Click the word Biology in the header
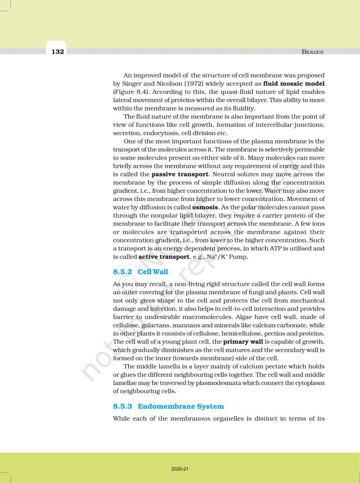click(x=313, y=52)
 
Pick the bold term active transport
click(x=163, y=257)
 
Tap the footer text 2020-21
click(x=180, y=469)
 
